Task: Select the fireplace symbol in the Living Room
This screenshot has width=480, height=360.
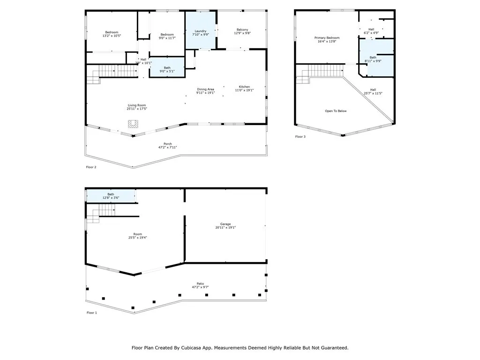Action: [x=134, y=124]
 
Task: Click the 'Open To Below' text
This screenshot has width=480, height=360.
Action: [x=336, y=111]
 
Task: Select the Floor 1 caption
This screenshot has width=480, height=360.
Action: [x=91, y=313]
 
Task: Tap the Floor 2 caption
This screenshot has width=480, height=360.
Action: [x=91, y=167]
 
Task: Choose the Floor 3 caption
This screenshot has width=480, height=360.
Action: [x=300, y=137]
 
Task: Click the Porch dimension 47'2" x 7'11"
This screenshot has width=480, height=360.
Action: [x=167, y=147]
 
